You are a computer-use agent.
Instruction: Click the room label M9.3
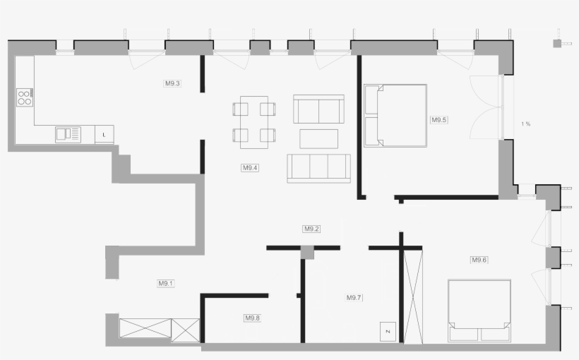(x=172, y=83)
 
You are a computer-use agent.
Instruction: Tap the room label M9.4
(x=250, y=168)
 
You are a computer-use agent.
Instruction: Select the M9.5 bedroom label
(x=439, y=120)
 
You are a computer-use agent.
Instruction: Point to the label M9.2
(x=311, y=229)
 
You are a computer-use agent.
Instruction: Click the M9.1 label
(x=166, y=284)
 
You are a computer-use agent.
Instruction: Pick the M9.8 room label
(x=253, y=318)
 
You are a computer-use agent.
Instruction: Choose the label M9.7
(x=354, y=298)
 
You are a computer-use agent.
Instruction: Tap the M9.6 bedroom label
(x=479, y=260)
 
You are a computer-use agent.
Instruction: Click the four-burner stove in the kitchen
(x=25, y=97)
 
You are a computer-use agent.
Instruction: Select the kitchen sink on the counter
(x=68, y=135)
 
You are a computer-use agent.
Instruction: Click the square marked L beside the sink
(x=104, y=135)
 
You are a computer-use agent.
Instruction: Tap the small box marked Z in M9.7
(x=388, y=332)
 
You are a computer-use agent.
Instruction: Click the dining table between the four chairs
(x=254, y=122)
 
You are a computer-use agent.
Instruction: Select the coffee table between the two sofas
(x=318, y=139)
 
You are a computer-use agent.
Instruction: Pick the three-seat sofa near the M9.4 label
(x=318, y=169)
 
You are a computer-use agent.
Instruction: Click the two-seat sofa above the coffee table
(x=318, y=109)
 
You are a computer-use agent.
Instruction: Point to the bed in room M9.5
(x=395, y=116)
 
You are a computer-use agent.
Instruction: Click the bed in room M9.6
(x=479, y=311)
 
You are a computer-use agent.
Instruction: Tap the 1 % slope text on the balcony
(x=526, y=124)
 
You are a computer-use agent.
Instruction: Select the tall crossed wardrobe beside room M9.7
(x=413, y=297)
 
